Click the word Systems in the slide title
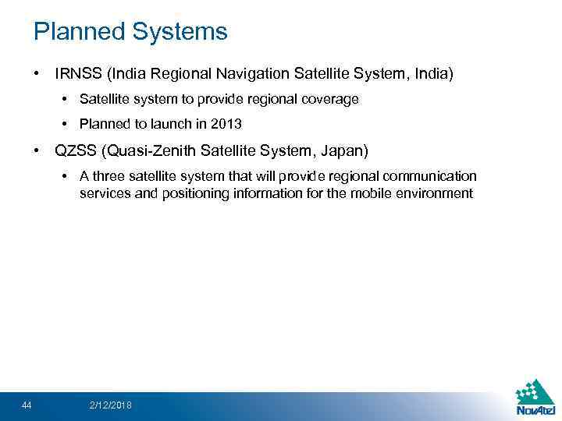pos(180,32)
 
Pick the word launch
pos(175,124)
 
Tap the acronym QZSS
pos(75,149)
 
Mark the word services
pos(105,193)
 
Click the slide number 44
pos(27,404)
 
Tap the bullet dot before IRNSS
pos(37,74)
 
